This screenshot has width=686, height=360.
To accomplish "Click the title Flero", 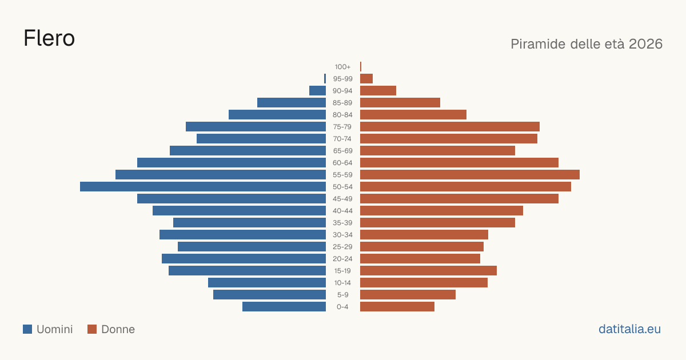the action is coord(49,38).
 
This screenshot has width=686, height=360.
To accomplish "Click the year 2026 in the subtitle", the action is coord(645,44).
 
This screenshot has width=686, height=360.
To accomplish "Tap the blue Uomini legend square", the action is coord(27,329).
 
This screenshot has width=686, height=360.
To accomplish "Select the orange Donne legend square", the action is coord(92,329).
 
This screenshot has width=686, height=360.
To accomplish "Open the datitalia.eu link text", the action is coord(629,329).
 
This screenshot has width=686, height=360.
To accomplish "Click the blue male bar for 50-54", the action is coord(203,187).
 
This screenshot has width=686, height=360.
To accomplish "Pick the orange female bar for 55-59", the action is coord(470,174).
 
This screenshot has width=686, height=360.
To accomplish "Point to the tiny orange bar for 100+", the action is coord(361,66).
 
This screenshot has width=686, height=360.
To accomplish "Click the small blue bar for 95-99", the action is coord(325,79).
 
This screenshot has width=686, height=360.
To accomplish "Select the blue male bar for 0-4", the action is coord(284,307).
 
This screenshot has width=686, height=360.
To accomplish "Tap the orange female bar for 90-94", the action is coord(378,91).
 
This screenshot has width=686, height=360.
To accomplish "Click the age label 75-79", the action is coord(342,127).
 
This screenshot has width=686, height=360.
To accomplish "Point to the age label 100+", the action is coord(342,67).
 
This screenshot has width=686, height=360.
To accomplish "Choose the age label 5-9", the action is coord(342,295).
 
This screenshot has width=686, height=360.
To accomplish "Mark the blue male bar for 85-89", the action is coord(292,102).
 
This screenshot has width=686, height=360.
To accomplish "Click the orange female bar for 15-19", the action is coord(428,271).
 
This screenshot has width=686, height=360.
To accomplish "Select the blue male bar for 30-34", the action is coord(242,235).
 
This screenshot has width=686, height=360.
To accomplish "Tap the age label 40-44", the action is coord(342,211).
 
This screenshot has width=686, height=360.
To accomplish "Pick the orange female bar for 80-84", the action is coord(413,115).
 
